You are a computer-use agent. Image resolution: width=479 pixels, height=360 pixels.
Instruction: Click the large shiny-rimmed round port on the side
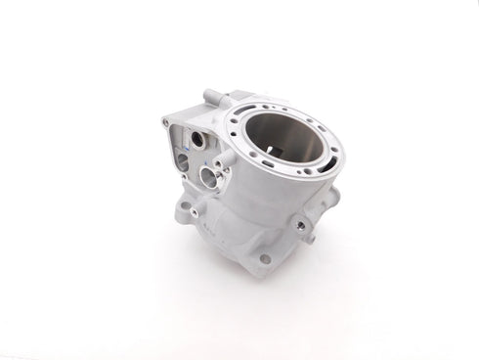click(206, 178)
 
